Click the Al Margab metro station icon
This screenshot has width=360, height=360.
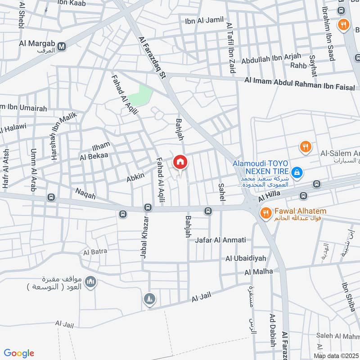[x=62, y=45]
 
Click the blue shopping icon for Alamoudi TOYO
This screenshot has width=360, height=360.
[x=297, y=172]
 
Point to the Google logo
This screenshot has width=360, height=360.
[x=19, y=353]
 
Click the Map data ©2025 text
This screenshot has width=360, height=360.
[x=336, y=355]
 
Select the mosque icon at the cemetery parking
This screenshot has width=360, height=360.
[x=92, y=282]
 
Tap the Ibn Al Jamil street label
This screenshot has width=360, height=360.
[x=204, y=21]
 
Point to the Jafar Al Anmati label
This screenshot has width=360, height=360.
[x=220, y=240]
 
